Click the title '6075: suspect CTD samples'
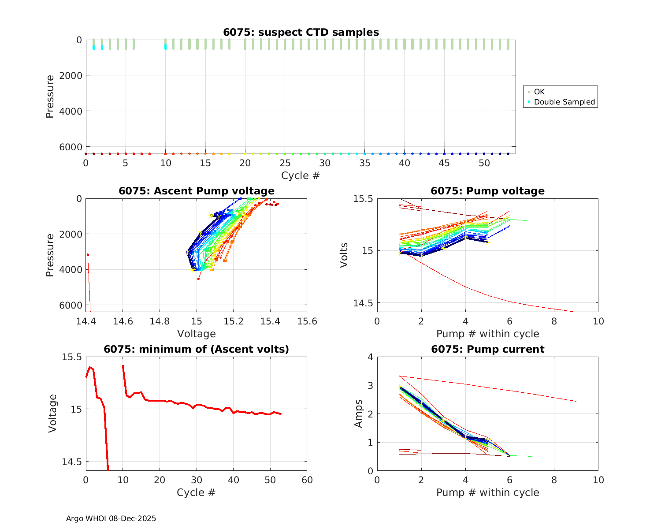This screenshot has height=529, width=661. coord(301,32)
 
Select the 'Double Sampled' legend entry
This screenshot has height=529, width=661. coord(564,102)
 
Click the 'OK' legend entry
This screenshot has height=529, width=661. coord(539,92)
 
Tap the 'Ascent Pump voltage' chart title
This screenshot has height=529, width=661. coord(197,191)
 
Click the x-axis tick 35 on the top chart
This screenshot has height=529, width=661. coord(364,163)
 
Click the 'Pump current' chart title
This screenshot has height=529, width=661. coord(487,349)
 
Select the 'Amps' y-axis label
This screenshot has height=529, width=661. coord(359,414)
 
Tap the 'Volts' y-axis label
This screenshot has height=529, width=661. coord(344,255)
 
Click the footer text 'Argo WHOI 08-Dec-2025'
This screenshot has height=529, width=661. coord(111,518)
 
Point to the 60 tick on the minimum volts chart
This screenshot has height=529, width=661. coord(307,480)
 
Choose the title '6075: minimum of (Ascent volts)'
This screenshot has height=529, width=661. coord(197,349)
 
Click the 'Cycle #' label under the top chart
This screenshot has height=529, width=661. coord(301,175)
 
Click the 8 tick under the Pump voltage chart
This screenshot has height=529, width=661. coord(554,321)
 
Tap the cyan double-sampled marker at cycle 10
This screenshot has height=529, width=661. coord(165,47)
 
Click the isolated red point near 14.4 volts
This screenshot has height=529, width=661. coord(88,255)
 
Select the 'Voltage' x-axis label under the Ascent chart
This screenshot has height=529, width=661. coord(197,334)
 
